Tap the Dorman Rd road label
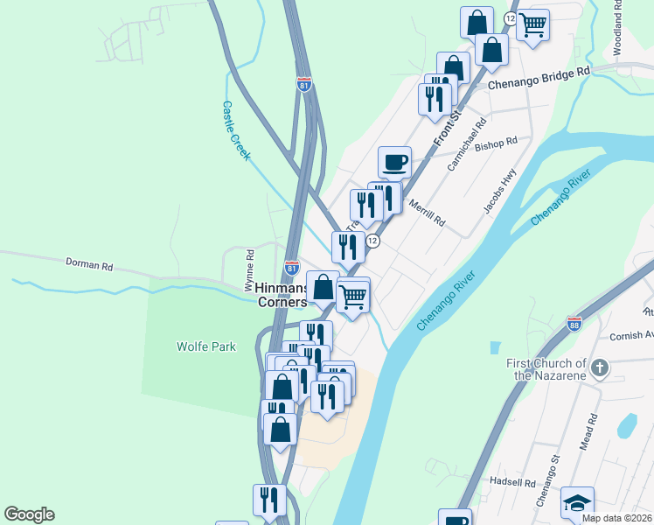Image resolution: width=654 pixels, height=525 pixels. coord(90,263)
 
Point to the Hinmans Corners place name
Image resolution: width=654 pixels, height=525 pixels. coord(282,295)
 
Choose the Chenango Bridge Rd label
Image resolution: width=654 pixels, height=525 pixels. coord(539,80)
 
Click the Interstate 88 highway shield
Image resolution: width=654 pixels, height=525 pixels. coord(574,323)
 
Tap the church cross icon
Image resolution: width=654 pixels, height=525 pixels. coord(600,367)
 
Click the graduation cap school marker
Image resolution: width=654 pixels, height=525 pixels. coord(577,502)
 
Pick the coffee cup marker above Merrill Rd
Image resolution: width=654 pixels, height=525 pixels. coord(394,161)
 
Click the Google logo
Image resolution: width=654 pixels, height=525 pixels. coord(29,514)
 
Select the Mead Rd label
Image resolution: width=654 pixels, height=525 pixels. coord(588,432)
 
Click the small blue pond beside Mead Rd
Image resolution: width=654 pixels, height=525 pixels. coord(626,426)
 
